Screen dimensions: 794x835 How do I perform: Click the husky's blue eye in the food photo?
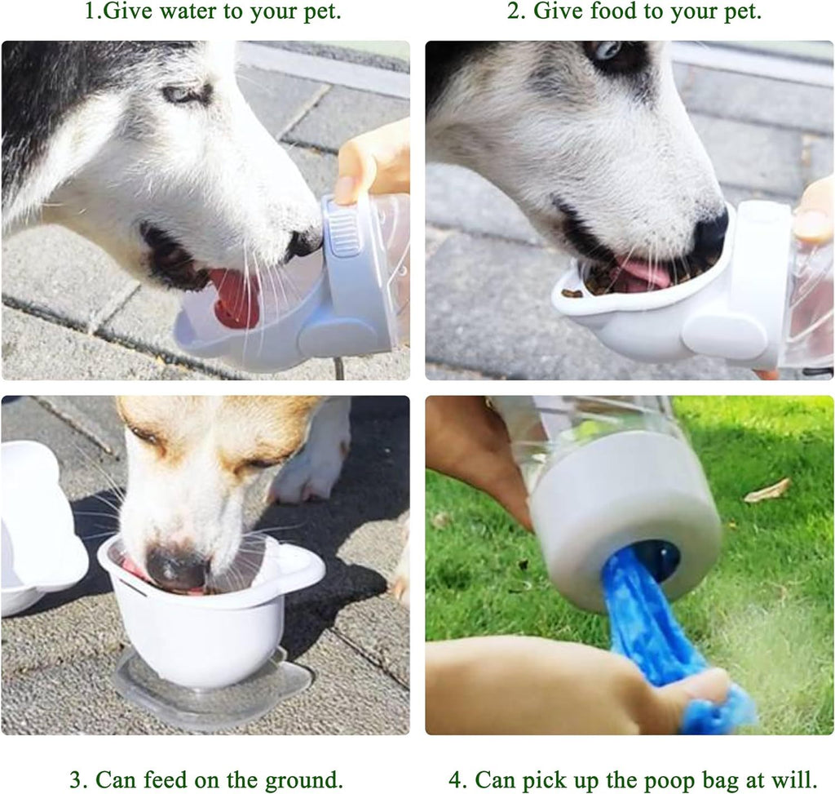pyautogui.click(x=607, y=51)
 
